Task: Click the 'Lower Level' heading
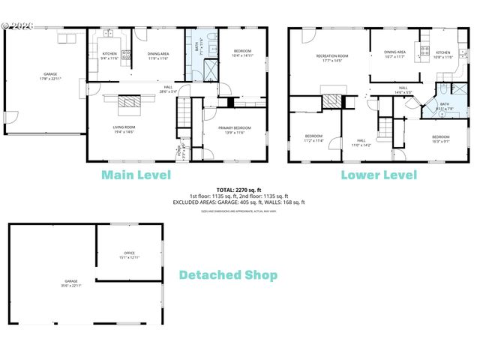pos(379,175)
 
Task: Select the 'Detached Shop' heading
pos(227,275)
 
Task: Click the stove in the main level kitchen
pos(126,54)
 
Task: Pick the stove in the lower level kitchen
pos(424,52)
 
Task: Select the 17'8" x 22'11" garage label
pos(49,76)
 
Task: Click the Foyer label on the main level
pos(178,153)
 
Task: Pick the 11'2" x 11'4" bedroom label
pos(313,138)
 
